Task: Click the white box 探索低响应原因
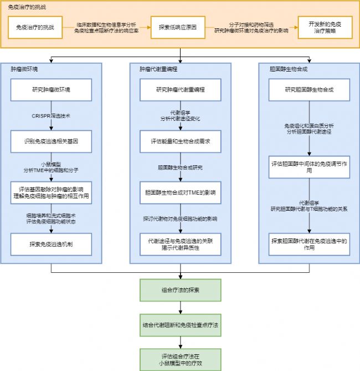pyautogui.click(x=178, y=27)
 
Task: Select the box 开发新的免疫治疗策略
pyautogui.click(x=325, y=27)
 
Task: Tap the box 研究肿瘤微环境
pyautogui.click(x=51, y=89)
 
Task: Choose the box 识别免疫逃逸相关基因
pyautogui.click(x=51, y=141)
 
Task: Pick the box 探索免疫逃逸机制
pyautogui.click(x=51, y=244)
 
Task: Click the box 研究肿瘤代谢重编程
pyautogui.click(x=180, y=89)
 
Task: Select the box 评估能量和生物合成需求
pyautogui.click(x=180, y=141)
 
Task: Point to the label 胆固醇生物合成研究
pyautogui.click(x=180, y=167)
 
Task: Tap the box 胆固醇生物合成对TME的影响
pyautogui.click(x=180, y=192)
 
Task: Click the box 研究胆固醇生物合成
pyautogui.click(x=310, y=89)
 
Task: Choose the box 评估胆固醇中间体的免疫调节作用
pyautogui.click(x=310, y=167)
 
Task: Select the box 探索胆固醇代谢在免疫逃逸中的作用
pyautogui.click(x=310, y=244)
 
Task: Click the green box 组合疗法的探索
pyautogui.click(x=180, y=289)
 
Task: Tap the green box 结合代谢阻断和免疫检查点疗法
pyautogui.click(x=180, y=324)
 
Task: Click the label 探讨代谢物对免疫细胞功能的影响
pyautogui.click(x=180, y=218)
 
